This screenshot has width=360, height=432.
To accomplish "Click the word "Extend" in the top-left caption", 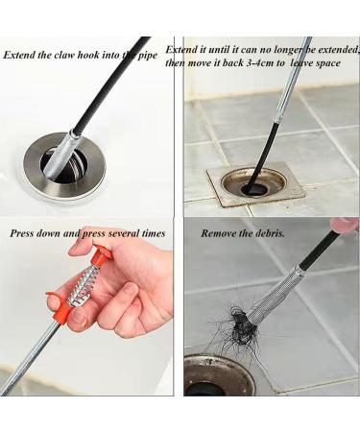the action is pos(19,55).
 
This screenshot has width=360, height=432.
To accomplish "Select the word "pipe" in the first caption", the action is pos(148,56).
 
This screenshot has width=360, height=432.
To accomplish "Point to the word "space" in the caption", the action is pos(327,63).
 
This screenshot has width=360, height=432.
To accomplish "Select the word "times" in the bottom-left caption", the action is pos(154,233).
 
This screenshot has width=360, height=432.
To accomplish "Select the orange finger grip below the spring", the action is pos(60,305).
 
